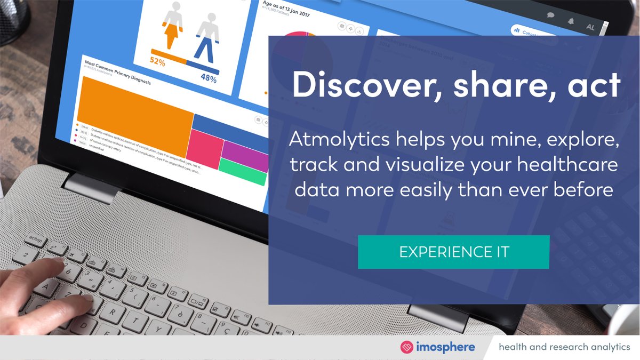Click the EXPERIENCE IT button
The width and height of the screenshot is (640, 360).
click(x=453, y=252)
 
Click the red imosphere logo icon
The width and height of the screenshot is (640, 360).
click(x=407, y=347)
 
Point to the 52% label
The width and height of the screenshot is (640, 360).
click(x=157, y=62)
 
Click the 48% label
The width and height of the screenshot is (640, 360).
click(x=209, y=78)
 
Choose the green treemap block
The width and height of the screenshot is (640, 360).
click(x=243, y=177)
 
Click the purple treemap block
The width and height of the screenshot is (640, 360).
click(x=244, y=155)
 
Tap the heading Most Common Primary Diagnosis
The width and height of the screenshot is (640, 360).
click(x=117, y=72)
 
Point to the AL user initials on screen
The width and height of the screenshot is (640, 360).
click(x=590, y=27)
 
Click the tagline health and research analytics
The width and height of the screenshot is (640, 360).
click(x=564, y=347)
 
